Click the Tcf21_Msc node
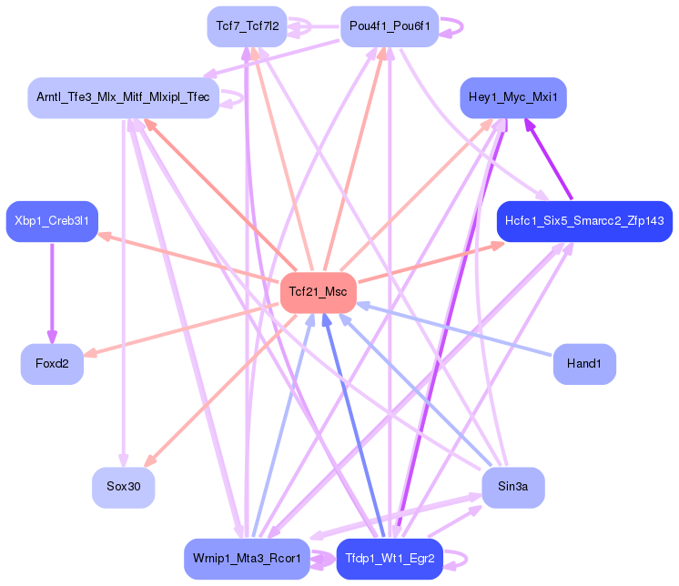click(x=319, y=293)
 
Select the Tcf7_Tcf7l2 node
click(x=248, y=26)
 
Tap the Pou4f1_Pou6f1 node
click(x=390, y=26)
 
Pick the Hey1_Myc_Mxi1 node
click(x=513, y=97)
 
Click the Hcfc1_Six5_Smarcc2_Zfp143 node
click(x=584, y=222)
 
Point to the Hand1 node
click(x=584, y=364)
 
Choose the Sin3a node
click(x=513, y=488)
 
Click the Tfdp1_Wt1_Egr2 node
click(x=390, y=559)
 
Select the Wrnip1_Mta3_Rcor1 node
click(x=247, y=559)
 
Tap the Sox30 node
click(x=124, y=488)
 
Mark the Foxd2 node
click(x=52, y=364)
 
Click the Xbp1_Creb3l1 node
click(x=52, y=222)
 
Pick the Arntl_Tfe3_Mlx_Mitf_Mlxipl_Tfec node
click(x=124, y=97)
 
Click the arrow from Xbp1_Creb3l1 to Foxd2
click(x=52, y=293)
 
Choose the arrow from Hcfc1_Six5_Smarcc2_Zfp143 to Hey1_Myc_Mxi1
click(x=549, y=159)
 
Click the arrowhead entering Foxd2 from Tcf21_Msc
click(x=89, y=354)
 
